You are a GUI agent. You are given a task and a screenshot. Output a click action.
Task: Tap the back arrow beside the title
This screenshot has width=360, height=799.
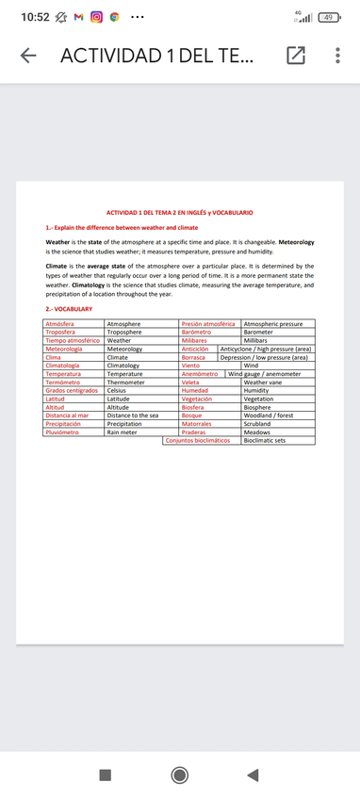tap(29, 57)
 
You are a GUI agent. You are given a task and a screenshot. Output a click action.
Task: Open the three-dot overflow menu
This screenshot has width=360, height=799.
tap(336, 57)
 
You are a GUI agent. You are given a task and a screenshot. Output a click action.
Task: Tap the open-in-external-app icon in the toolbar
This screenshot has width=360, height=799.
tap(295, 57)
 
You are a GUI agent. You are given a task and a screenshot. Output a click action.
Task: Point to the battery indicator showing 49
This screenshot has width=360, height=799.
tap(329, 18)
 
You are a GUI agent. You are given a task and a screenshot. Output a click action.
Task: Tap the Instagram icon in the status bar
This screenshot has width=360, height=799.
tap(95, 18)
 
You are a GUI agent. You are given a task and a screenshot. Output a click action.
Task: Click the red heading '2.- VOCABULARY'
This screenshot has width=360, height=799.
tap(69, 309)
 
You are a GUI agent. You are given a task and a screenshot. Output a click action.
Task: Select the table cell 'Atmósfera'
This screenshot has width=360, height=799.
tap(59, 324)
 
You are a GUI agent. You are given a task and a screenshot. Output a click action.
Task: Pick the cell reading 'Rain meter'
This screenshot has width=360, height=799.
tap(122, 432)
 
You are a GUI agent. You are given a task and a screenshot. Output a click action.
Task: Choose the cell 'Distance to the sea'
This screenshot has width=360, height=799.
tap(133, 416)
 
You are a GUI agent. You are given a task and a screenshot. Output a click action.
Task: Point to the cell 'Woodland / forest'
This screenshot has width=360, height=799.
tap(269, 416)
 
